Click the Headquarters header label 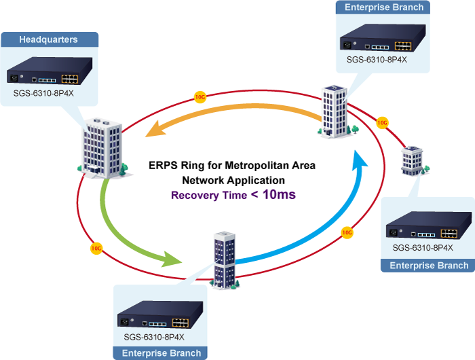click(x=48, y=39)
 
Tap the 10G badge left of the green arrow click(x=97, y=248)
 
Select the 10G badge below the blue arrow click(x=347, y=232)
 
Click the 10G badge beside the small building click(x=382, y=123)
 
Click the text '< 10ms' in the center click(x=274, y=195)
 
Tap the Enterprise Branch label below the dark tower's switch click(x=161, y=353)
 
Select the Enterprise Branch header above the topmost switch click(x=384, y=7)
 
